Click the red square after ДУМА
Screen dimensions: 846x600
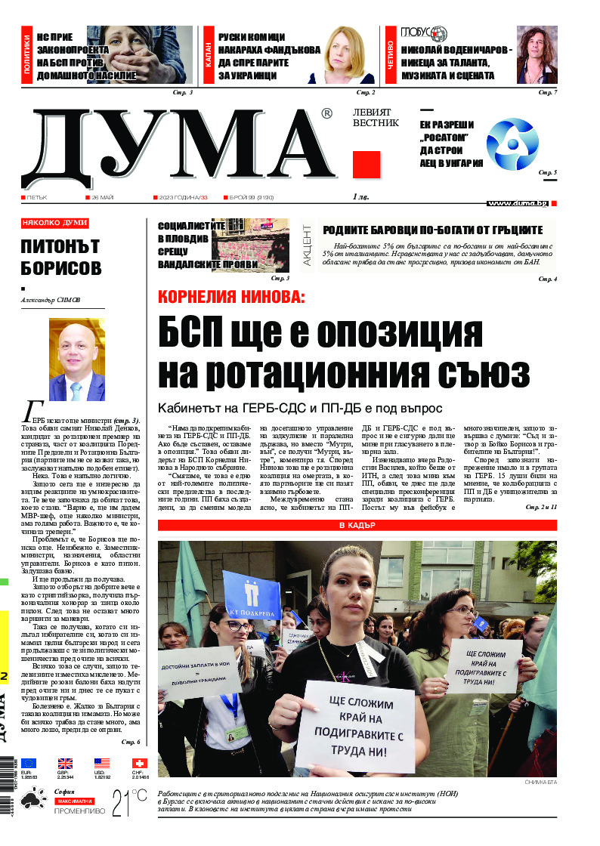(366, 165)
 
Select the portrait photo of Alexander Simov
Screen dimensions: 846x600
(76, 360)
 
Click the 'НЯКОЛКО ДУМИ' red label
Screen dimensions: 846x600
(55, 224)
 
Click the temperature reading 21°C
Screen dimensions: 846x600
(129, 804)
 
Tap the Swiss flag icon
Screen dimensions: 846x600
(139, 764)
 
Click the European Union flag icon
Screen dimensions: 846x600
(29, 764)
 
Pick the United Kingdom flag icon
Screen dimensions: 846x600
(66, 764)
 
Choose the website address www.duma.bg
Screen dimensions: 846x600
(517, 203)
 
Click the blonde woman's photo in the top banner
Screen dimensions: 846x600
(351, 54)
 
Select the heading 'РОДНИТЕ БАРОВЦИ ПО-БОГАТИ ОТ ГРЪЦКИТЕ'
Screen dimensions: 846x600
(433, 230)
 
